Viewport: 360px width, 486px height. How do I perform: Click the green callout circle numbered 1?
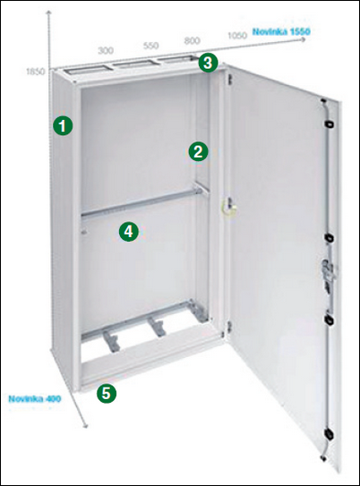[63, 126]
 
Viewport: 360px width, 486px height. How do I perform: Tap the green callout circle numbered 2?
[198, 151]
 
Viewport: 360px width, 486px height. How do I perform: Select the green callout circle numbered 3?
[208, 63]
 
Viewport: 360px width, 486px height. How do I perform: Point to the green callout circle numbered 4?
[129, 232]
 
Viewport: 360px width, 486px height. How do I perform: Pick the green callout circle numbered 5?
[106, 393]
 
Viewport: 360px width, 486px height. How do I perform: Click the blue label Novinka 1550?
[281, 31]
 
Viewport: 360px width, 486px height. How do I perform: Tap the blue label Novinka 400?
[34, 398]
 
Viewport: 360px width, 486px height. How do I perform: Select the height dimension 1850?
[35, 72]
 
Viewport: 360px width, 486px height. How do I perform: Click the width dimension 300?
[106, 50]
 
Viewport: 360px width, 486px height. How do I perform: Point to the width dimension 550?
[151, 46]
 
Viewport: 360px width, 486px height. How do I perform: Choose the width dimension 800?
[193, 40]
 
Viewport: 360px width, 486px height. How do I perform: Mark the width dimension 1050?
[237, 35]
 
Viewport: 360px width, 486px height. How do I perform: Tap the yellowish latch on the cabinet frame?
[229, 206]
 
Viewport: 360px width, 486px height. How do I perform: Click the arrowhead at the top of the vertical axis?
[48, 13]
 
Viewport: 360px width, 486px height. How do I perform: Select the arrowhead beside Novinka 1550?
[304, 40]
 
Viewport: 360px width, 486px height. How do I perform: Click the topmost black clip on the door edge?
[329, 124]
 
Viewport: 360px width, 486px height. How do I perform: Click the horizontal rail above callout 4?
[142, 202]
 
